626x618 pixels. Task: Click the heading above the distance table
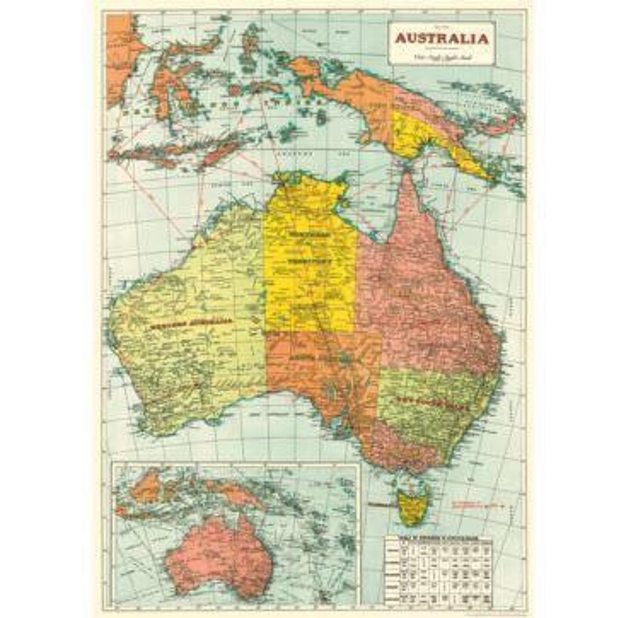click(x=438, y=538)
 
